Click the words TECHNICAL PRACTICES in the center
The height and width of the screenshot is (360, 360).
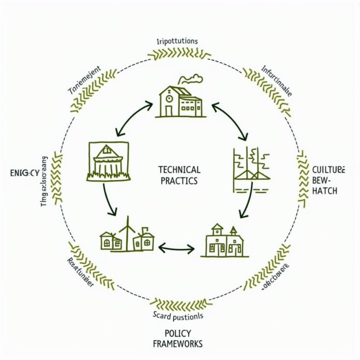pos(179,175)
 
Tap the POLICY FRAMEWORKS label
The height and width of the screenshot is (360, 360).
pos(178,338)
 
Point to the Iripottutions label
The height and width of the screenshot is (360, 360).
pos(177,41)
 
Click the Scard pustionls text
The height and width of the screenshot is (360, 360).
pos(178,316)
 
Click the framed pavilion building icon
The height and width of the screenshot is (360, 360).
pos(109,161)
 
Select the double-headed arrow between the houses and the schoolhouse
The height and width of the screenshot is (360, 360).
pos(176,249)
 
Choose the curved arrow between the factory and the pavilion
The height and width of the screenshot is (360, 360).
pos(132,118)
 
